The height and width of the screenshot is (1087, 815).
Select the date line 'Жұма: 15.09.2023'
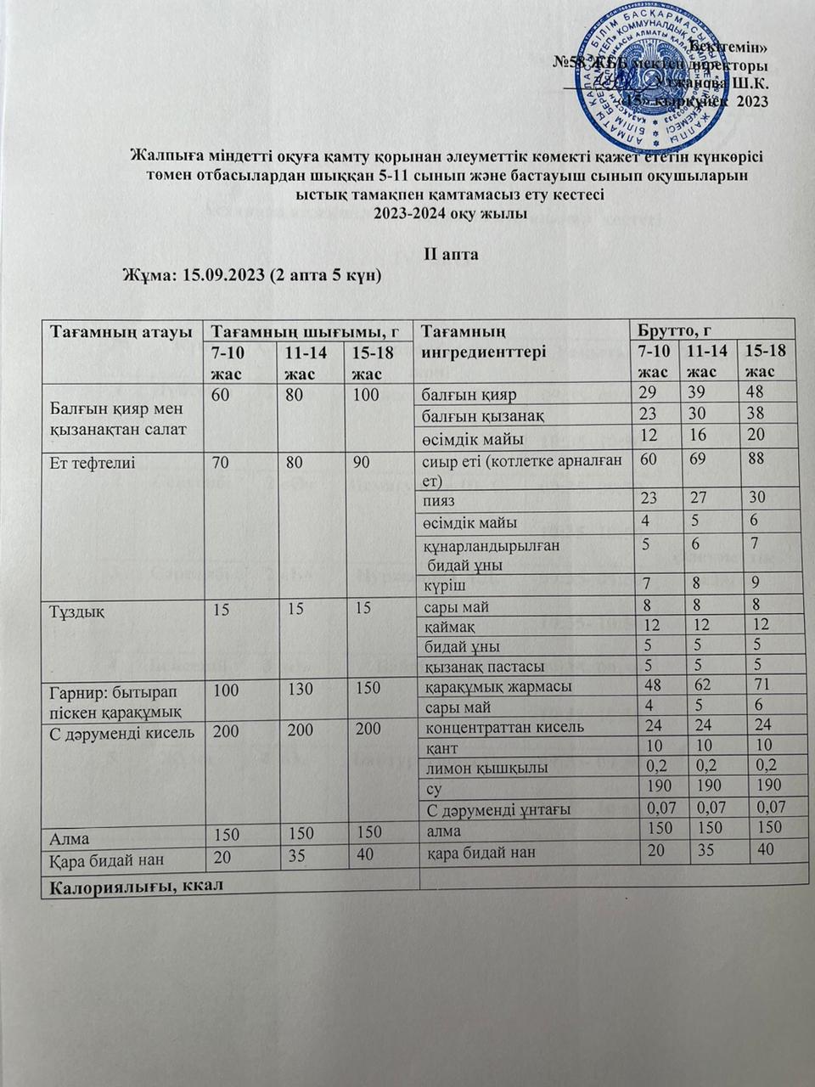pyautogui.click(x=252, y=277)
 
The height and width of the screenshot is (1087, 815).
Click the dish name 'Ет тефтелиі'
pyautogui.click(x=93, y=463)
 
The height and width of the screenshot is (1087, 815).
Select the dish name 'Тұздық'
pyautogui.click(x=77, y=607)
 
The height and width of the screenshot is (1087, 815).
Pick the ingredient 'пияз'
pyautogui.click(x=440, y=501)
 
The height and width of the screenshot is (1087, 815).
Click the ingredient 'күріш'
pyautogui.click(x=444, y=584)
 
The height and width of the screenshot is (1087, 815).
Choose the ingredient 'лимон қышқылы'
pyautogui.click(x=474, y=768)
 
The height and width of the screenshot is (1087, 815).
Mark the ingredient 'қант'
pyautogui.click(x=441, y=747)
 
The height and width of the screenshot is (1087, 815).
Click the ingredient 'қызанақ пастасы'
pyautogui.click(x=483, y=666)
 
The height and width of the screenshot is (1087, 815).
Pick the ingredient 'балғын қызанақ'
pyautogui.click(x=478, y=414)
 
